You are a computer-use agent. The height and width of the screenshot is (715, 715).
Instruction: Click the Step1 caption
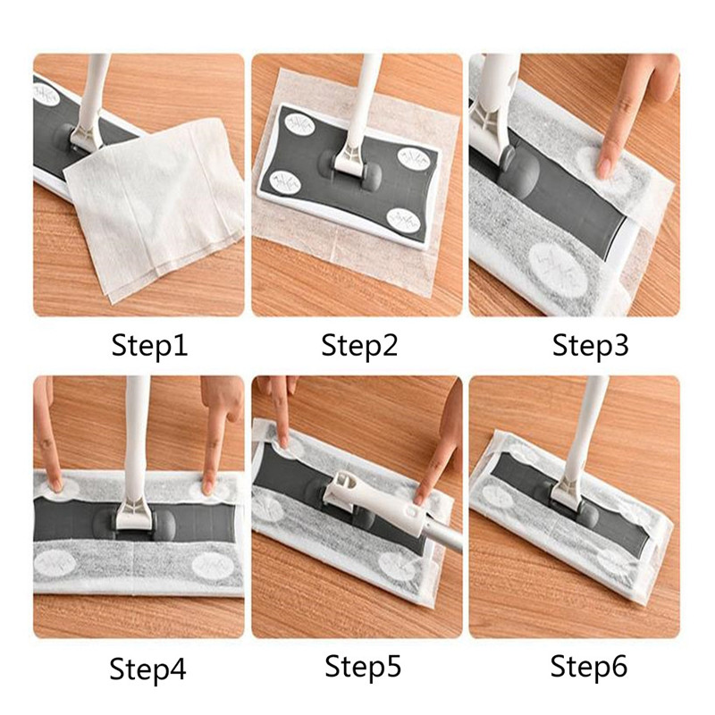pos(149,346)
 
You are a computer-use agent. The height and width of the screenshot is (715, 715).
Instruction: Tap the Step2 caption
pos(359,346)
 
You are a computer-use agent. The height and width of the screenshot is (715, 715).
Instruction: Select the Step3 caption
pos(590,346)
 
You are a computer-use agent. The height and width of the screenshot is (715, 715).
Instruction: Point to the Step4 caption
pos(147,669)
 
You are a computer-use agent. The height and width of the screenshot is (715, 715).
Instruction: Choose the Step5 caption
pos(363,666)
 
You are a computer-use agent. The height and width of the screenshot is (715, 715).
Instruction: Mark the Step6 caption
pos(588,666)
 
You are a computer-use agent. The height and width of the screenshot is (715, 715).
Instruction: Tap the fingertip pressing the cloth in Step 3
pos(606,167)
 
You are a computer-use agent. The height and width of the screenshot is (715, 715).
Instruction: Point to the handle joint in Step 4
pos(132,516)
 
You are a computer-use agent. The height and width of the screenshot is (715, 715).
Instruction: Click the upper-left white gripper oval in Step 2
pos(295,124)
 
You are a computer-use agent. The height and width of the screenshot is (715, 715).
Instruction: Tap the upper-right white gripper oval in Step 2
pos(413,158)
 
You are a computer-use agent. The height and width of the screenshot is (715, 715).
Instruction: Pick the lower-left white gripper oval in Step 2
pos(283,182)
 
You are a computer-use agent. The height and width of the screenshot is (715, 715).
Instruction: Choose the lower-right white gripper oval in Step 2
pos(403,220)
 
